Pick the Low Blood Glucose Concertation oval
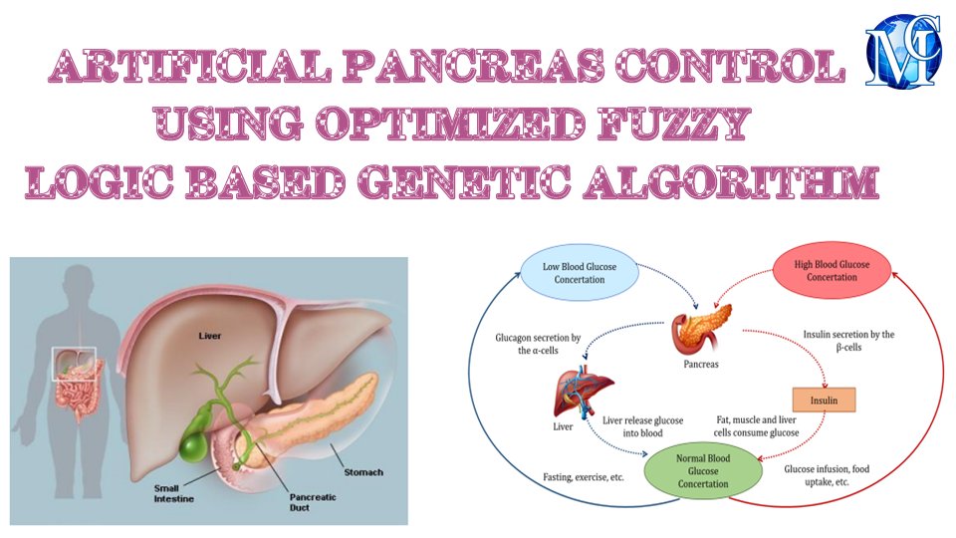pos(580,271)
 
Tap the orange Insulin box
pos(824,400)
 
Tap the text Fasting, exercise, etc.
pos(584,477)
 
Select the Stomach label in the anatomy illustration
pos(360,472)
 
